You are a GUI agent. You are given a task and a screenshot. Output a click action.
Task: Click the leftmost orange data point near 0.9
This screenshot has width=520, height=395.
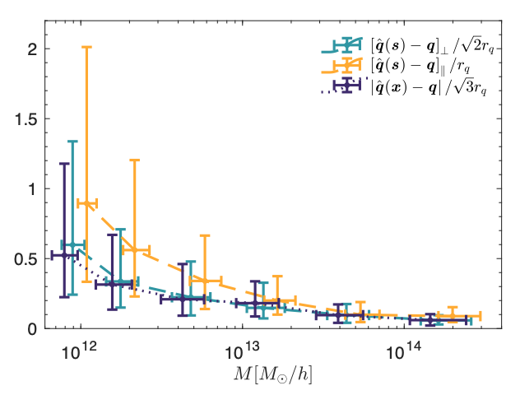click(x=86, y=203)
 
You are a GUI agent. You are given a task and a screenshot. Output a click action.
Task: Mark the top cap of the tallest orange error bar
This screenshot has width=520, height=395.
click(x=86, y=47)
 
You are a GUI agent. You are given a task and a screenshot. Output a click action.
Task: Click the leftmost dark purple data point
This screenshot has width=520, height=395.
click(x=64, y=255)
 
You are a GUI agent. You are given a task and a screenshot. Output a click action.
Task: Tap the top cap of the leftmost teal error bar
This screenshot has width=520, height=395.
click(x=72, y=142)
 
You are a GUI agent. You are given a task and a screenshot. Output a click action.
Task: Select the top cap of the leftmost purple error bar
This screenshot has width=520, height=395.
click(x=64, y=164)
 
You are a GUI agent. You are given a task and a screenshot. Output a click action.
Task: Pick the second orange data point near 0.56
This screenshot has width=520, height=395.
click(x=135, y=249)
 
